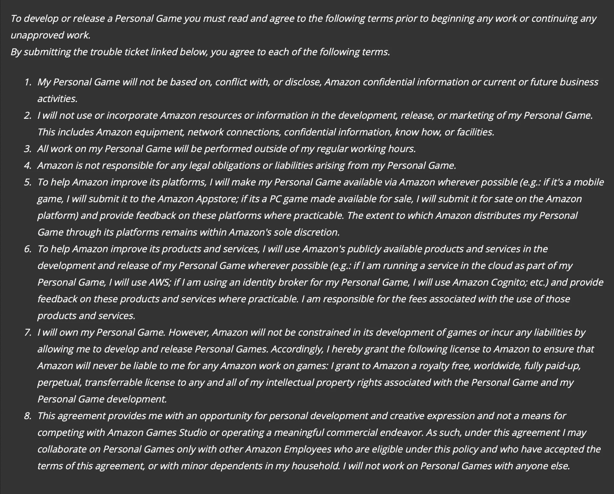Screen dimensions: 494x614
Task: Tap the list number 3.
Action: [x=27, y=149]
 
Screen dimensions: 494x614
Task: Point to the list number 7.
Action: [x=27, y=332]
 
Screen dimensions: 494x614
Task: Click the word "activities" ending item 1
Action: [x=56, y=99]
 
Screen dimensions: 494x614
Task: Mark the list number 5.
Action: [x=27, y=182]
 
